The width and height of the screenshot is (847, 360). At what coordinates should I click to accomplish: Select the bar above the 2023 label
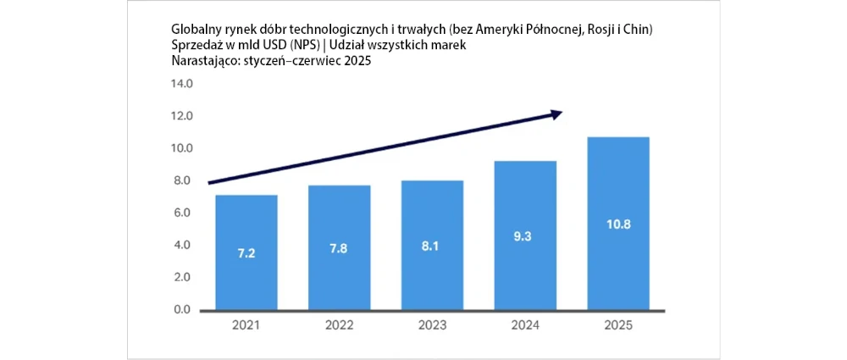[432, 245]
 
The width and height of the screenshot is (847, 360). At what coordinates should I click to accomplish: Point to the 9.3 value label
[525, 238]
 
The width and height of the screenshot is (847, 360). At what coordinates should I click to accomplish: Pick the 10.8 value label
[618, 225]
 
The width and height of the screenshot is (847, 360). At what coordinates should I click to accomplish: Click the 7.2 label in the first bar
[246, 253]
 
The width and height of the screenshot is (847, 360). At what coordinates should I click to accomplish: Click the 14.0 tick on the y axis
[183, 84]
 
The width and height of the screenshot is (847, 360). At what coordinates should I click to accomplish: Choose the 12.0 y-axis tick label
[183, 116]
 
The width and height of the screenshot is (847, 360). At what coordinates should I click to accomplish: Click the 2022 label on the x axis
[340, 325]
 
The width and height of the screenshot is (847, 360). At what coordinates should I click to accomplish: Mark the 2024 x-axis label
[525, 325]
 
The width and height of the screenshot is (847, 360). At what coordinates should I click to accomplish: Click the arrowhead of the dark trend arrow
[556, 114]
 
